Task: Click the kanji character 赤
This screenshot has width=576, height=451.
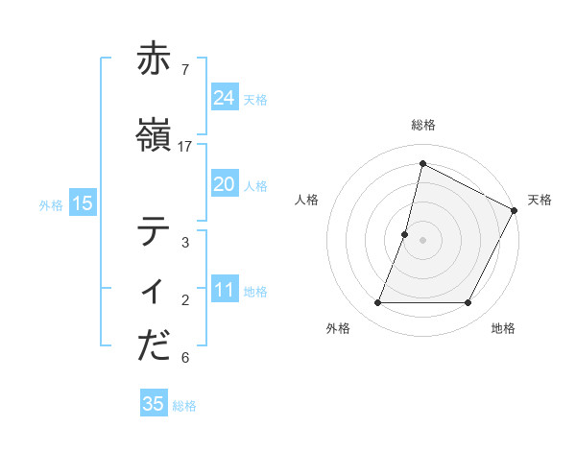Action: (154, 59)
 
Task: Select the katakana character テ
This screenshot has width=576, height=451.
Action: (154, 231)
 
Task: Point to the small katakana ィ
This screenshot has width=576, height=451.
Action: (154, 291)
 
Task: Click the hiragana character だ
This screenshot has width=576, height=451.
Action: (154, 346)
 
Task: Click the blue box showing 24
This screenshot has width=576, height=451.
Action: (225, 98)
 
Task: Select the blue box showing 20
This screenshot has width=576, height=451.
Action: (225, 184)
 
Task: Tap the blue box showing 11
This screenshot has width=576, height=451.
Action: (225, 290)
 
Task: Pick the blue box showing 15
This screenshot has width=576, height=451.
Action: (83, 203)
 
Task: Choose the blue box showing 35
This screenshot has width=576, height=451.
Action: (154, 404)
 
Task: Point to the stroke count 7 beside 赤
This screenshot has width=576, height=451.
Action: (184, 70)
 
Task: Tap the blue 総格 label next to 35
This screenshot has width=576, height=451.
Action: (184, 405)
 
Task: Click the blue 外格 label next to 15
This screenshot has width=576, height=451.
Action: (51, 204)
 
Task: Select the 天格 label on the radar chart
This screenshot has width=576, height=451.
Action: (540, 200)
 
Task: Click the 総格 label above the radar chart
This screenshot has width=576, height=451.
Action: (422, 125)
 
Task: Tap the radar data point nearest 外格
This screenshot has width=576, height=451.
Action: (377, 303)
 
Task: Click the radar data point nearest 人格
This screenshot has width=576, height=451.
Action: (405, 234)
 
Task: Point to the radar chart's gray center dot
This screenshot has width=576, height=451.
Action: (422, 240)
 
